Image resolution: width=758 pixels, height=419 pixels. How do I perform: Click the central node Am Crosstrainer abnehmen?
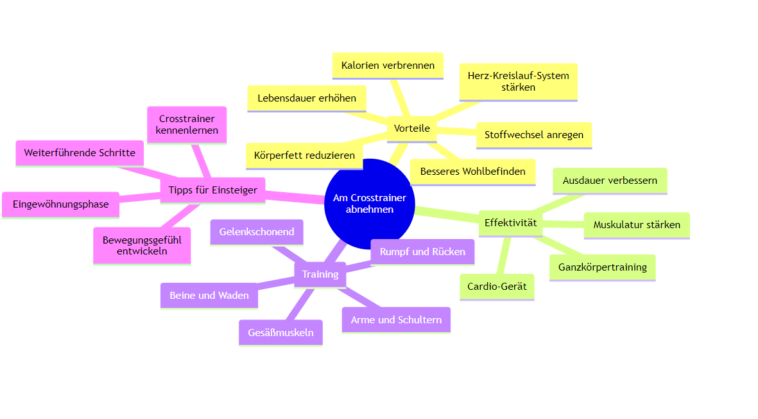point(369,203)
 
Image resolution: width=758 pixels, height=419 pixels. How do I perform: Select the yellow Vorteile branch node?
point(411,129)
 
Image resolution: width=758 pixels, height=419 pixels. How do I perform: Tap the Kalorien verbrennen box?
point(388,66)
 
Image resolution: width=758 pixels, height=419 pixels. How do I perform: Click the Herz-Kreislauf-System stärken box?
point(518,82)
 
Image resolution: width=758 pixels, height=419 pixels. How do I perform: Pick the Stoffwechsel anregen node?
point(533,135)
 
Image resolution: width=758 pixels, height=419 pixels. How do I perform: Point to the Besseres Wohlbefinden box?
point(472,172)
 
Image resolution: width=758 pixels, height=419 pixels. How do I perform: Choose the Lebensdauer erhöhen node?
point(306,98)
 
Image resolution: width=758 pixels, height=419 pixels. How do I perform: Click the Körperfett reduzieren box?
point(304,156)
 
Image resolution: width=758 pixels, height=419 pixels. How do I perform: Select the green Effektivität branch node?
point(510,223)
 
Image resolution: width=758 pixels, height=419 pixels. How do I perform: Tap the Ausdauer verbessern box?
point(610,181)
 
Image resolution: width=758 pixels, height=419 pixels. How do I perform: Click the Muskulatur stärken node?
point(636,225)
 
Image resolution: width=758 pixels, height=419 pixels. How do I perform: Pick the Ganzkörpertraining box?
point(602,267)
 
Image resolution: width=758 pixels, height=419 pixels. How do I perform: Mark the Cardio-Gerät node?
point(497,287)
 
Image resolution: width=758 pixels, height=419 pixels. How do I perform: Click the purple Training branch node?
point(320,274)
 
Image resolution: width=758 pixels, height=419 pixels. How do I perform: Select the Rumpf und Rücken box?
point(422,252)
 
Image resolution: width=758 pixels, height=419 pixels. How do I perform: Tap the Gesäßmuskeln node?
point(280,333)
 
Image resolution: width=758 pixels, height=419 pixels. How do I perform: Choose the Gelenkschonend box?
point(257,232)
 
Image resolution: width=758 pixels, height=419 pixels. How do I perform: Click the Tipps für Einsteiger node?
point(212,190)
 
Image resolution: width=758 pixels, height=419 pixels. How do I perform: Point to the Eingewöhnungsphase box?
point(60,204)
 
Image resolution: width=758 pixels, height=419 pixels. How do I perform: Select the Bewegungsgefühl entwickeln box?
point(142,245)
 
